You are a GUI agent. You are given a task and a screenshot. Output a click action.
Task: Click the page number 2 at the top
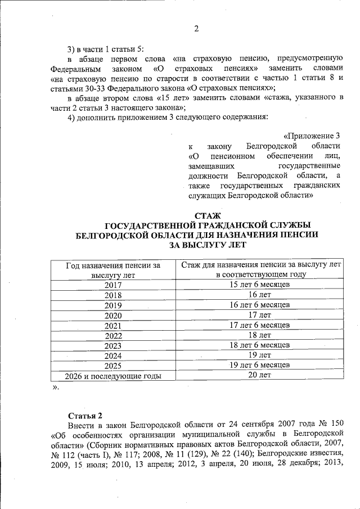point(197,29)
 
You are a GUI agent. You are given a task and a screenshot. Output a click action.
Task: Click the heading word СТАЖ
point(206,215)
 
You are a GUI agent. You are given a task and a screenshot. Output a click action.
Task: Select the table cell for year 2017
point(113,285)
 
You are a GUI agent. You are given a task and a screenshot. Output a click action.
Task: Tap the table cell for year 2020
point(113,315)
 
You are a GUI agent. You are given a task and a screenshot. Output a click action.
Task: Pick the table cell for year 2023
point(113,345)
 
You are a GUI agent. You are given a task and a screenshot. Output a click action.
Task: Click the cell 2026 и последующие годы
point(113,376)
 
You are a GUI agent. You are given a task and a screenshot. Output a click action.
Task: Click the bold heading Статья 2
point(84,416)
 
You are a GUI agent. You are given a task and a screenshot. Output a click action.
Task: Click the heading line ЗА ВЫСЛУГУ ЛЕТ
point(206,245)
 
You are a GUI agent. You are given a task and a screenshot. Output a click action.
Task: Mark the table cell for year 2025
point(113,366)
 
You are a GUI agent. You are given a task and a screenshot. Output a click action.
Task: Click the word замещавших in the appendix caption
point(213,166)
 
